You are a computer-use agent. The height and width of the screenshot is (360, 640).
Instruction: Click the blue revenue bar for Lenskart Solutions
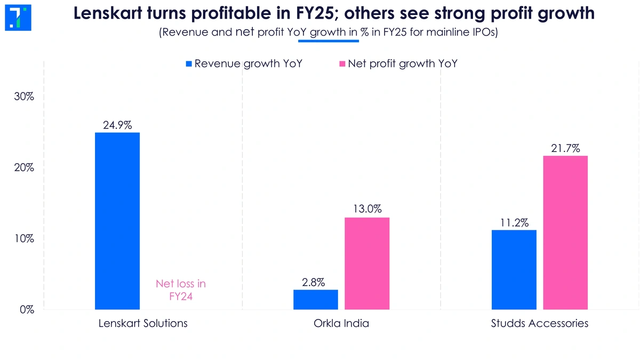pyautogui.click(x=117, y=221)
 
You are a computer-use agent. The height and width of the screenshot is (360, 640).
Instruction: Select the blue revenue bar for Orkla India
pyautogui.click(x=316, y=299)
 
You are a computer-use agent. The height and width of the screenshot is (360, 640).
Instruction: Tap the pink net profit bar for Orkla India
pyautogui.click(x=367, y=263)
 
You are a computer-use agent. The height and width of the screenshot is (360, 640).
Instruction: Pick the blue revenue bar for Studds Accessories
pyautogui.click(x=514, y=269)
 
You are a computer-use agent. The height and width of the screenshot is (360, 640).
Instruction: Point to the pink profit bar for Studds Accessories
pyautogui.click(x=565, y=233)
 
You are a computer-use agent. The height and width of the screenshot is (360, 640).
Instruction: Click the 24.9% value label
pyautogui.click(x=117, y=126)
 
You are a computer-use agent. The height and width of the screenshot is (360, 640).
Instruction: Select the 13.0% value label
pyautogui.click(x=367, y=210)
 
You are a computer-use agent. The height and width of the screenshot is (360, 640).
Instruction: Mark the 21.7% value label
pyautogui.click(x=565, y=148)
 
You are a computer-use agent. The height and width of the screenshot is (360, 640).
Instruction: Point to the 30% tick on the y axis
pyautogui.click(x=25, y=97)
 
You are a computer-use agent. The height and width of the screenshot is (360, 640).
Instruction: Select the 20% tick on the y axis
pyautogui.click(x=25, y=168)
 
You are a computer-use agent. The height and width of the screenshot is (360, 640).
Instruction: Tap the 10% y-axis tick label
pyautogui.click(x=25, y=238)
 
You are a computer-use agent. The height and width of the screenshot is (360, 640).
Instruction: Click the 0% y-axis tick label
pyautogui.click(x=27, y=309)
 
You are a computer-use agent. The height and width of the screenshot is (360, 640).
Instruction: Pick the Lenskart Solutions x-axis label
pyautogui.click(x=143, y=324)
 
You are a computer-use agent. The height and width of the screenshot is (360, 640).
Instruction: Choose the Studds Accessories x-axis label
pyautogui.click(x=539, y=324)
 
